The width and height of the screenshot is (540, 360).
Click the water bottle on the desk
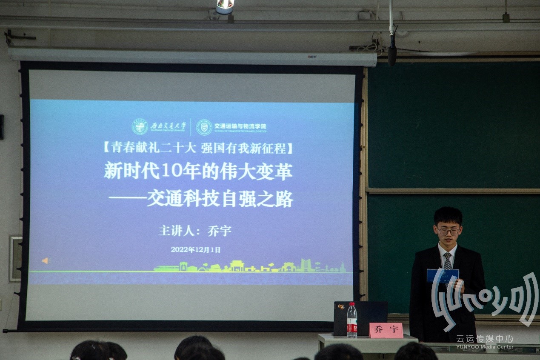tap(352, 320)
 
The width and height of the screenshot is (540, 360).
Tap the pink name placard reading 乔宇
tap(386, 330)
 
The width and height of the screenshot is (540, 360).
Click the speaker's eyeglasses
tap(448, 231)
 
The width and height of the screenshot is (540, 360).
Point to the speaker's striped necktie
tap(447, 261)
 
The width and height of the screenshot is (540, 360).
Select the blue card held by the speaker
tap(443, 276)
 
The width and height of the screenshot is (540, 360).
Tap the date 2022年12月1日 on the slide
tap(196, 250)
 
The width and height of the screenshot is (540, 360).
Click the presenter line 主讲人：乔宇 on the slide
tap(195, 231)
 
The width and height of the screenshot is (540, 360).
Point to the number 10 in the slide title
tap(170, 171)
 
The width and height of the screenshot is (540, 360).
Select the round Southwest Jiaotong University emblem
tap(140, 127)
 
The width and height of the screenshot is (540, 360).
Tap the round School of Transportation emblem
tap(204, 127)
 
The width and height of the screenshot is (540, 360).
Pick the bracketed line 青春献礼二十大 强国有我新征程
tap(199, 148)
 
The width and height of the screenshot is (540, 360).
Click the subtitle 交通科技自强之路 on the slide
tap(220, 199)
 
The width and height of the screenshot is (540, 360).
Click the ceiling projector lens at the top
tap(225, 6)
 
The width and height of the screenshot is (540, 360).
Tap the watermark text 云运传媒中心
tap(485, 339)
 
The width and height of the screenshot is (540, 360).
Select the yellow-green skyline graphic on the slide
tap(251, 267)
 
